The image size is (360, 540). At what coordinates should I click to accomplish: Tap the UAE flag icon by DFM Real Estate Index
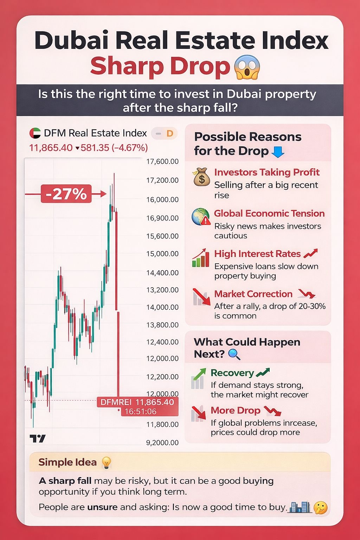35,133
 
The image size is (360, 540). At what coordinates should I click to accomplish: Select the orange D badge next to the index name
169,134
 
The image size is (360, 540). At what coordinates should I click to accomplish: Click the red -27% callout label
66,194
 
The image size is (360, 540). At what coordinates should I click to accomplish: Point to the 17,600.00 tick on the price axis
162,162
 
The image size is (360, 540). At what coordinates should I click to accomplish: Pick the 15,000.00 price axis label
162,254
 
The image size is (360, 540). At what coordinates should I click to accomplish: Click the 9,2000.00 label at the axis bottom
162,443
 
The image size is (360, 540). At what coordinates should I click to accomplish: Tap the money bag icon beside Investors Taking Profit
201,177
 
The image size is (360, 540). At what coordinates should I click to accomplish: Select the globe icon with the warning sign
201,217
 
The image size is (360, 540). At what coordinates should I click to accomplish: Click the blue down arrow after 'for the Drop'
278,152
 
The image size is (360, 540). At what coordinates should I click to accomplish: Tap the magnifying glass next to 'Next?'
234,354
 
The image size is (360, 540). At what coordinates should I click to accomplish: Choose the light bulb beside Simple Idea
106,463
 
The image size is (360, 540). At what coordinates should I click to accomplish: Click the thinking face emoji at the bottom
320,508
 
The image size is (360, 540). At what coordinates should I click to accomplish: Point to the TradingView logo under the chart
38,438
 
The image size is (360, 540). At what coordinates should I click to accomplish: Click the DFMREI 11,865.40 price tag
137,402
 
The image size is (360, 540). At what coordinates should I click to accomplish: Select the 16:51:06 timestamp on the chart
140,411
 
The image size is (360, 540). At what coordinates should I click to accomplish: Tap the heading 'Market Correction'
253,294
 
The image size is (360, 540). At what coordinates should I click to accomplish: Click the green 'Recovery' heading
232,373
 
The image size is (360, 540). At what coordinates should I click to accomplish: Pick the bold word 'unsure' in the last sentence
102,507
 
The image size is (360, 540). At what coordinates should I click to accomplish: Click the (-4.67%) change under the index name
129,148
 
